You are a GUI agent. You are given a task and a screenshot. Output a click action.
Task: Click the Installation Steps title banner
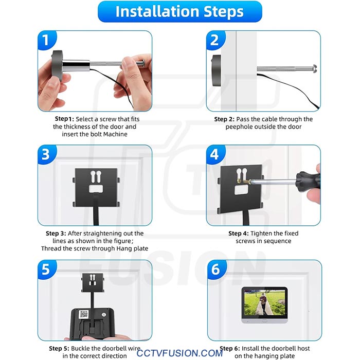180,11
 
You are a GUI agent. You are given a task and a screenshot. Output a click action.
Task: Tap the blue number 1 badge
47,40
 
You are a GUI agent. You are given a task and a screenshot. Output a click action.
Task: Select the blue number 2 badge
215,40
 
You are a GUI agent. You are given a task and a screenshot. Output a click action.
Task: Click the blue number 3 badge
47,154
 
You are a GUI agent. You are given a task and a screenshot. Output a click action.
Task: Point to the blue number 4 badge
215,154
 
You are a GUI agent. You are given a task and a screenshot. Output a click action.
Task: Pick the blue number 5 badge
47,269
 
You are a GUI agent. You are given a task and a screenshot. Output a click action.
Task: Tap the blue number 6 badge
217,269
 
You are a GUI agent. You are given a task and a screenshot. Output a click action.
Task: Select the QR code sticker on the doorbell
83,314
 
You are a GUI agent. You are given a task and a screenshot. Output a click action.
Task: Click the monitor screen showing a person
264,302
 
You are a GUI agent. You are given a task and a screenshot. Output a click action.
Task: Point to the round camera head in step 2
216,70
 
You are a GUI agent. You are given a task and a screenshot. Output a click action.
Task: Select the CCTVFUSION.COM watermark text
179,353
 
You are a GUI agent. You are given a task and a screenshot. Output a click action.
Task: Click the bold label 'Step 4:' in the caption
238,233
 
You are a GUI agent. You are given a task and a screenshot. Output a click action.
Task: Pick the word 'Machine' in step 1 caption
115,134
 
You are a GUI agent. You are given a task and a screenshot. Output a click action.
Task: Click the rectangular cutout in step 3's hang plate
96,189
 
